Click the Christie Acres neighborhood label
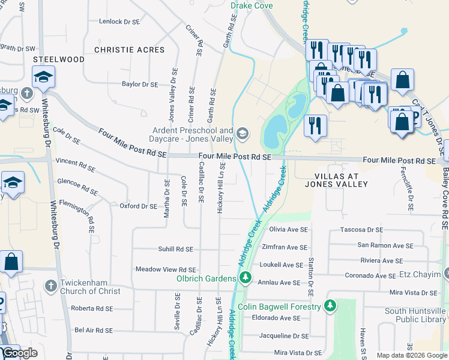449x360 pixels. tap(129, 50)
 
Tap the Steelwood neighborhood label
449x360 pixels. tap(58, 59)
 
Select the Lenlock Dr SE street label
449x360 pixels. tap(119, 22)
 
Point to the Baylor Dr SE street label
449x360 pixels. tap(139, 85)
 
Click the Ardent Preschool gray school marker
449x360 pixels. tap(243, 133)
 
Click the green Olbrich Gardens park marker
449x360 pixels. tap(245, 277)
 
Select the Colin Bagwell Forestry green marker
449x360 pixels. tap(329, 306)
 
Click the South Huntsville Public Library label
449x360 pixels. tap(416, 315)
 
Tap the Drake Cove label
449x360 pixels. tap(252, 5)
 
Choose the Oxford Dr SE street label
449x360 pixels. tap(138, 206)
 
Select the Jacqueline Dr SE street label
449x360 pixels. tap(284, 336)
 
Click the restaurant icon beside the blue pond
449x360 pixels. tap(315, 125)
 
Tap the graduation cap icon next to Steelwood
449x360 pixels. tap(43, 77)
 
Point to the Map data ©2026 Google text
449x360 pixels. tap(411, 355)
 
